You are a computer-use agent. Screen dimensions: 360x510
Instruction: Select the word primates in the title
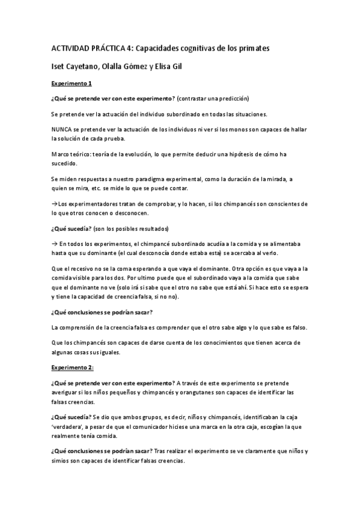coord(253,47)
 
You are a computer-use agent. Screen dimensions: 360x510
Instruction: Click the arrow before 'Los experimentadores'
coord(55,204)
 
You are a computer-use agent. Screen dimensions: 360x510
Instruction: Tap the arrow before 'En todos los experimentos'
coord(55,244)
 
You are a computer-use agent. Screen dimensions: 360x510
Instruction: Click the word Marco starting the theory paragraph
coord(62,155)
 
